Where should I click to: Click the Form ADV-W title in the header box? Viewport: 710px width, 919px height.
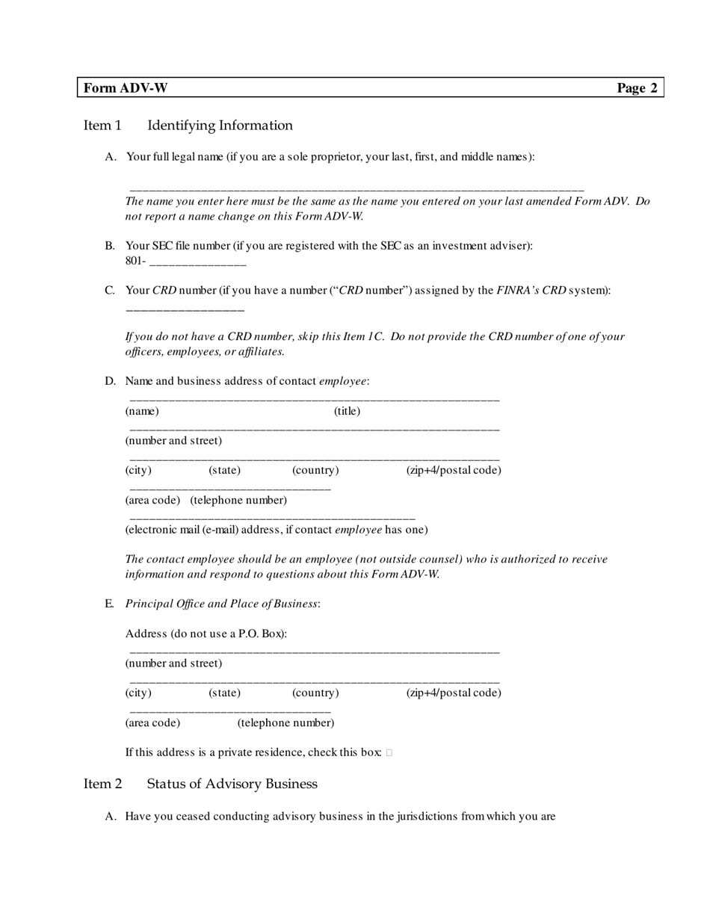[126, 88]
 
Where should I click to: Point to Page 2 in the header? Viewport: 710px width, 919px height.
[637, 88]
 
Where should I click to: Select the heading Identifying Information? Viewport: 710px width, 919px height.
[220, 126]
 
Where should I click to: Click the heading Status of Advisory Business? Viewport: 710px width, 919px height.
[232, 784]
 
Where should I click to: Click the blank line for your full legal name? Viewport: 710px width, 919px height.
[356, 191]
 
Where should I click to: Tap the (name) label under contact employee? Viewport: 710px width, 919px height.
[142, 411]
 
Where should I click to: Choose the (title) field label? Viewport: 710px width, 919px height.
[347, 411]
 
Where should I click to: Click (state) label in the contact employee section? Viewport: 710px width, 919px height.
[224, 470]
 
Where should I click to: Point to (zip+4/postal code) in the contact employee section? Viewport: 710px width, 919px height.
[454, 470]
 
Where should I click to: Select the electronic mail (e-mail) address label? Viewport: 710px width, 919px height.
[277, 530]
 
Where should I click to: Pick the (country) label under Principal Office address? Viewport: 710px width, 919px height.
[315, 693]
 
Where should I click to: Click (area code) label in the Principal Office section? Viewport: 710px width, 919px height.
[152, 722]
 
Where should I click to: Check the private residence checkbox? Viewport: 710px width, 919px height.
[389, 753]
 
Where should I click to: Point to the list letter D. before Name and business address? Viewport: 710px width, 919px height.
[110, 381]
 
